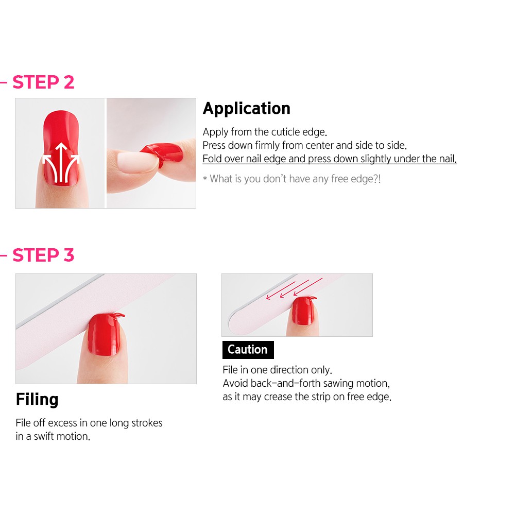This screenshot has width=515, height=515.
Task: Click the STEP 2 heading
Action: pos(43,82)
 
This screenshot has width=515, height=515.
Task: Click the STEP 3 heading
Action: pos(43,255)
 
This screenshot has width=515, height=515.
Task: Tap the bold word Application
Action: pos(247,109)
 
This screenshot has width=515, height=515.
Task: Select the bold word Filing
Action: pos(37,400)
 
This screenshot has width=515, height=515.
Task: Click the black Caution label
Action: pos(248,350)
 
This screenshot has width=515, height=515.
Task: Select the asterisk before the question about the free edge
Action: pos(205,179)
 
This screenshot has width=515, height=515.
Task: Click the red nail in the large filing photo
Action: pos(104,334)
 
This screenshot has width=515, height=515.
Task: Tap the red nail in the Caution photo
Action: pos(303,311)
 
